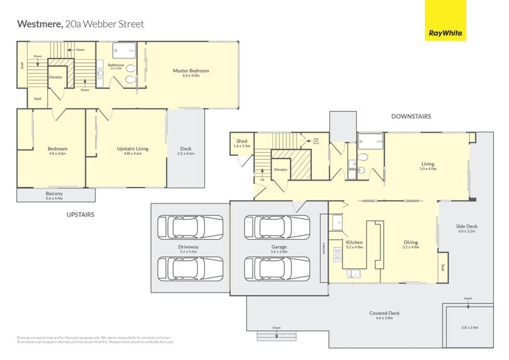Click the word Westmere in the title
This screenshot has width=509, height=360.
(x=39, y=24)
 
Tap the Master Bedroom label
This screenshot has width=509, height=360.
(x=191, y=71)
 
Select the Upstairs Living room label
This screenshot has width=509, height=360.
(x=132, y=149)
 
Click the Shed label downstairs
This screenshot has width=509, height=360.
(x=242, y=141)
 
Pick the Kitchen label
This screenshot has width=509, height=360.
(x=354, y=242)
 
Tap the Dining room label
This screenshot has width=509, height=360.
(x=412, y=242)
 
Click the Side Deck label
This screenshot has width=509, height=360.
(x=466, y=226)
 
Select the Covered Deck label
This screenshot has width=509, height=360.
(x=384, y=313)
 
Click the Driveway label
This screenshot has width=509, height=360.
(x=189, y=246)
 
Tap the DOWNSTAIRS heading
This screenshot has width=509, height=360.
(x=411, y=116)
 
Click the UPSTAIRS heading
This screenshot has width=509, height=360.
(x=80, y=215)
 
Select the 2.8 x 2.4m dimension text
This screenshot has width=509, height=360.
(x=470, y=328)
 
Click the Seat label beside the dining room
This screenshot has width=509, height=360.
(x=442, y=267)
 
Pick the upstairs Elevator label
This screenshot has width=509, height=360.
(x=56, y=77)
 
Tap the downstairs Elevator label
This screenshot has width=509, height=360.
(x=281, y=170)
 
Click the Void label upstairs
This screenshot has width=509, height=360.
(x=38, y=99)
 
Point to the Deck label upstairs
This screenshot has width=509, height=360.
(x=186, y=149)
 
